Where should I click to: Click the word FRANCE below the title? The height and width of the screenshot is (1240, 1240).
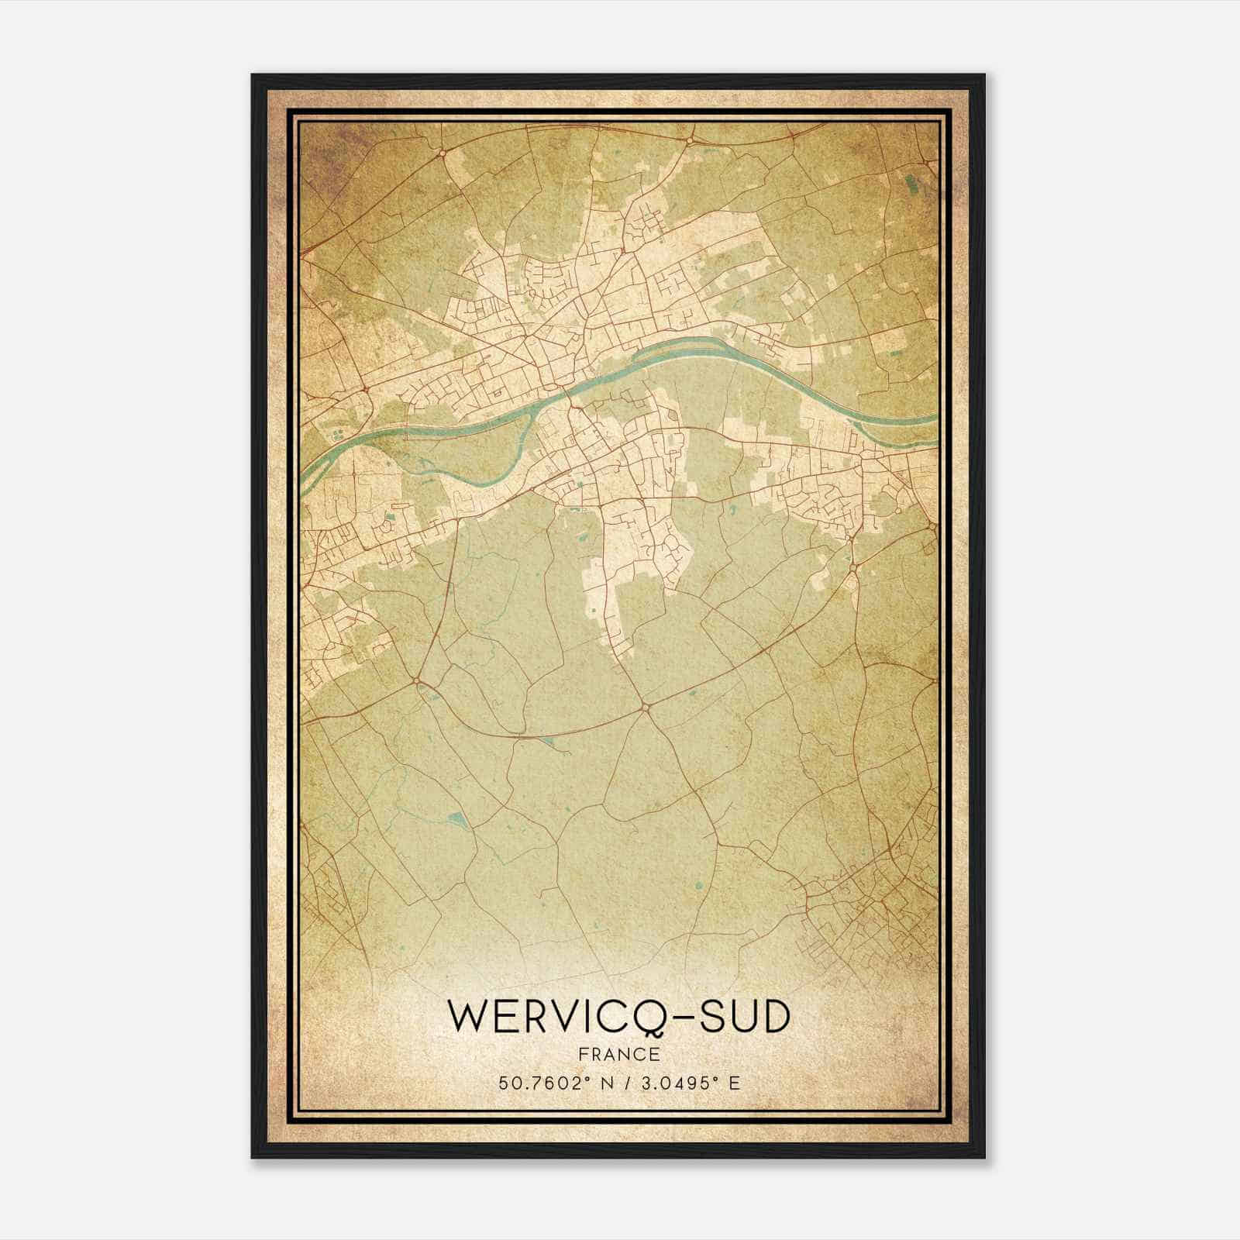tap(618, 1054)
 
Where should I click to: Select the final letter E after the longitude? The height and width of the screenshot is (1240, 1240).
tap(735, 1083)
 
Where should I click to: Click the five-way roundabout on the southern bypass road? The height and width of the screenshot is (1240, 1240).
tap(644, 707)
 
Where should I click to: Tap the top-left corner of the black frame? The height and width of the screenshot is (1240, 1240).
tap(253, 75)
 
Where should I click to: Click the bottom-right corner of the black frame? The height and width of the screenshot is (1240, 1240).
tap(984, 1158)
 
